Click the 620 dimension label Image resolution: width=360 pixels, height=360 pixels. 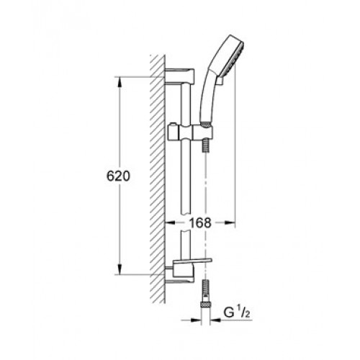pos(118,176)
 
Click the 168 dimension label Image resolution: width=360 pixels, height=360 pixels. pos(200,222)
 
